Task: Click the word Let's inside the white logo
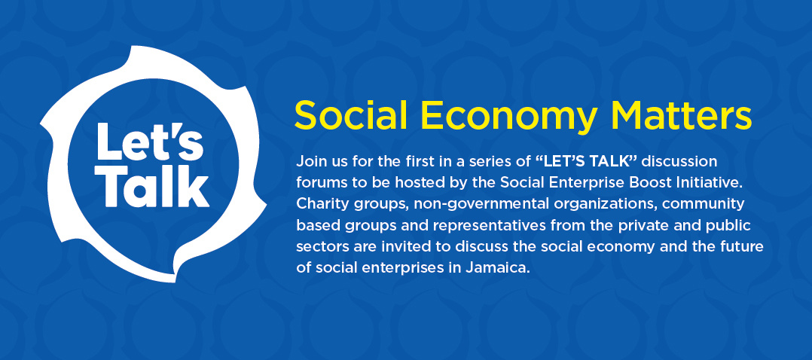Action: (150, 141)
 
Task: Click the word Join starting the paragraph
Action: (309, 162)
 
